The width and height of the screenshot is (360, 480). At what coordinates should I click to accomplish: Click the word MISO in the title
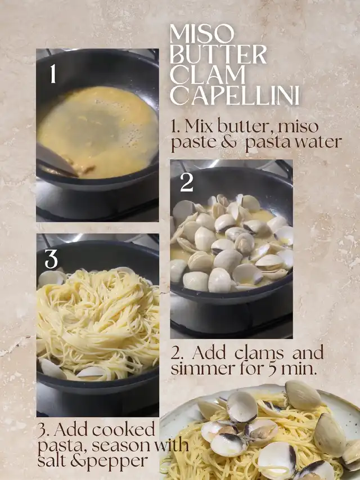click(202, 34)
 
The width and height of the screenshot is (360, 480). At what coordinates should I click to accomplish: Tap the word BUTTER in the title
click(218, 54)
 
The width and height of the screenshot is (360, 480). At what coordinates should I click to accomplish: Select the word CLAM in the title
click(208, 75)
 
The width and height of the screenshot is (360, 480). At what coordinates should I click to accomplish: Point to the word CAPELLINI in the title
click(235, 95)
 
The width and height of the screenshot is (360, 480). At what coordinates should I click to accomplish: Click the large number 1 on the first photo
click(53, 74)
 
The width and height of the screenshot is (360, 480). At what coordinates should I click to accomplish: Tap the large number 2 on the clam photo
click(186, 182)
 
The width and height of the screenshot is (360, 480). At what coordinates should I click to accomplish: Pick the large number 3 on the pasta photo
click(51, 259)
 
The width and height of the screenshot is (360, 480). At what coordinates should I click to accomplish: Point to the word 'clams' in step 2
click(259, 353)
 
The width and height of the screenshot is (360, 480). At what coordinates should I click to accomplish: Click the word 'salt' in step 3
click(52, 461)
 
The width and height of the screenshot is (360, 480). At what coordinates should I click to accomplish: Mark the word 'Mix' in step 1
click(199, 126)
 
